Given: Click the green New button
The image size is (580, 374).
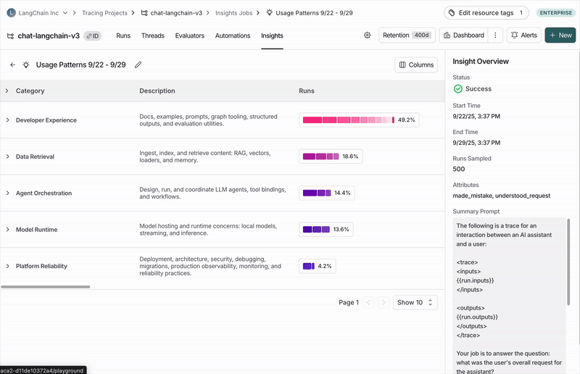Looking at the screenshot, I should pos(560,36).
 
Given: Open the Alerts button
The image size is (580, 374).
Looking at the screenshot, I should pos(523,36).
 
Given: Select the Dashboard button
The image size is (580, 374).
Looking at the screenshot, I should pos(463,36).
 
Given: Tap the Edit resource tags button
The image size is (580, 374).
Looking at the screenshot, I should pos(486,13).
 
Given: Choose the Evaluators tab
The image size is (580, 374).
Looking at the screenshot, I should pos(190,36).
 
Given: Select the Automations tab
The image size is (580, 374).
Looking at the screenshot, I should pos(233,36).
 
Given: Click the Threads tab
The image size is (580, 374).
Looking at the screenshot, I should pos(153,36).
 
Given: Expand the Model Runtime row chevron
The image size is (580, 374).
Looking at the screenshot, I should pos(7,230).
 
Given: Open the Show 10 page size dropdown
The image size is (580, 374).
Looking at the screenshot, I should pos(415,302).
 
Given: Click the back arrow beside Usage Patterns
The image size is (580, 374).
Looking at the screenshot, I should pos(12,65).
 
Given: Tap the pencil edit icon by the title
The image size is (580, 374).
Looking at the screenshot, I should pos(138,65).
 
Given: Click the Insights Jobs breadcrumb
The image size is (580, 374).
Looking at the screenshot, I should pos(234,13).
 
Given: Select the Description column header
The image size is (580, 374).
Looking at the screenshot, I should pos(157,91).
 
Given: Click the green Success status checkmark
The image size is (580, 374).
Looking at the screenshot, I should pos(458,89).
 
